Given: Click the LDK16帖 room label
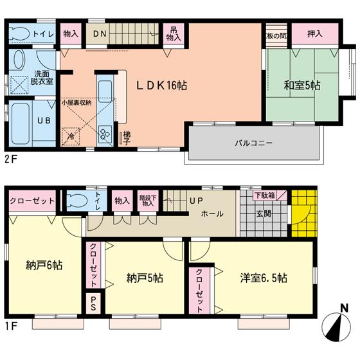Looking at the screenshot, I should [x=160, y=85].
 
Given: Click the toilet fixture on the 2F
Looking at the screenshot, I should [x=21, y=34].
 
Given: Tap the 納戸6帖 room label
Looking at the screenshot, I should [x=44, y=264].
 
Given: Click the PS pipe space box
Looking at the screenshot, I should [x=93, y=301].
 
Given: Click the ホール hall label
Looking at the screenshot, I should [x=212, y=213].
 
